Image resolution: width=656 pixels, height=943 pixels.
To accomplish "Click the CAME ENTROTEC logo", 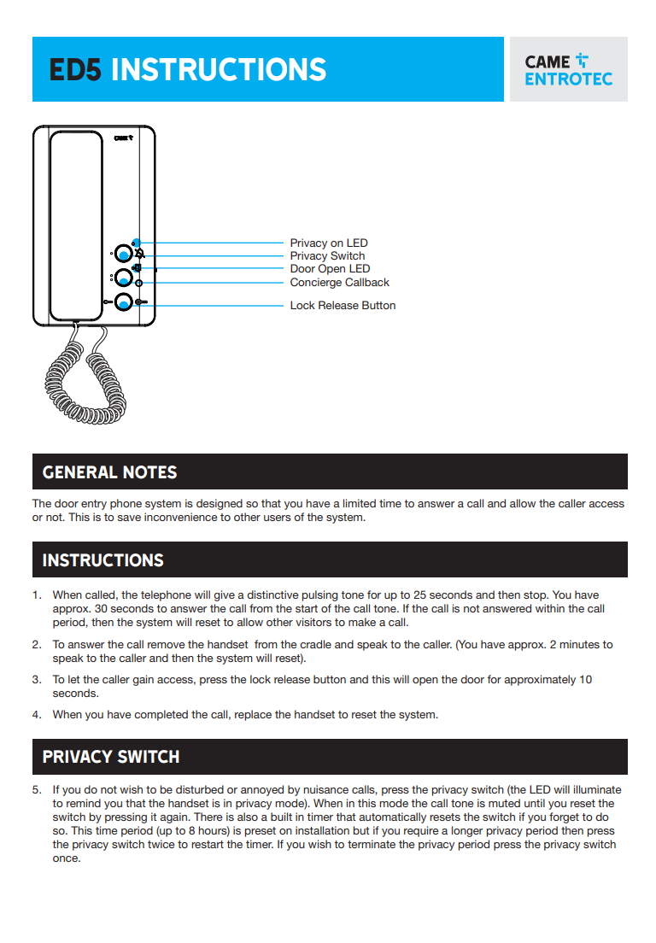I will [568, 70].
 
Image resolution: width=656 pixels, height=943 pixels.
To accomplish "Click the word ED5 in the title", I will [76, 69].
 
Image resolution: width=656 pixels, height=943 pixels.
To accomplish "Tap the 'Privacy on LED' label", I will [329, 243].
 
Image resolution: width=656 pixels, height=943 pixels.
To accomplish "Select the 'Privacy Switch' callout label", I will [327, 256].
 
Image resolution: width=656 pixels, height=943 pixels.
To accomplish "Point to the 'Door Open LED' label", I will [330, 269].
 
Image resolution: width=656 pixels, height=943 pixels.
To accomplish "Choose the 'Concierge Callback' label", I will [339, 283].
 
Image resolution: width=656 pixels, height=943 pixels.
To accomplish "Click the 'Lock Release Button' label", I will [343, 306].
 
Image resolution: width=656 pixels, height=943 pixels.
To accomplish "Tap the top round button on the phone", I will [125, 254].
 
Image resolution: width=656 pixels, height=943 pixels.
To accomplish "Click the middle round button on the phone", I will [125, 277].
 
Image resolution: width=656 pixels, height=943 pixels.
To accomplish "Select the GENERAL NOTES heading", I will [109, 472].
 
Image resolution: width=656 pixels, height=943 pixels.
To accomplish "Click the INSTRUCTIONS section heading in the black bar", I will [102, 560].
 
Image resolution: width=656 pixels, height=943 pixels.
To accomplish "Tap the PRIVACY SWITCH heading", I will [111, 758].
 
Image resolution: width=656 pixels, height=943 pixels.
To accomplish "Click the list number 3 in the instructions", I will [37, 680].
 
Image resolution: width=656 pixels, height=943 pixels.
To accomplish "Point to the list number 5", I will [37, 790].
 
